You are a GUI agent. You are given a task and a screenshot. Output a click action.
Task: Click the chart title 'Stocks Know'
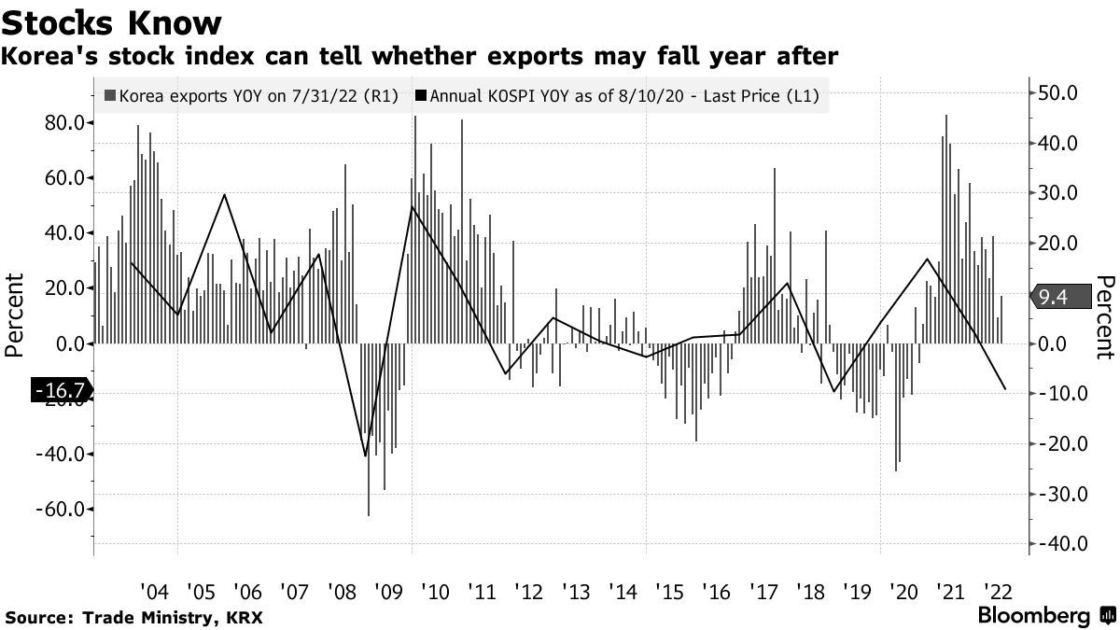coord(113,21)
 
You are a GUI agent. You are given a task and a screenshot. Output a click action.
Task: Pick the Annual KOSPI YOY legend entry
coord(622,95)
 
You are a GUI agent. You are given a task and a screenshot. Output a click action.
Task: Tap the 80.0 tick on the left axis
coord(64,122)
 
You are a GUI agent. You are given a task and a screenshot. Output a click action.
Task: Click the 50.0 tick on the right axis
coord(1058,92)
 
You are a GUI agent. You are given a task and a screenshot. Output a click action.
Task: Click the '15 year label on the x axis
coord(668,592)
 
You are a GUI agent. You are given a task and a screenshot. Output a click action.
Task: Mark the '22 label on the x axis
coord(998,592)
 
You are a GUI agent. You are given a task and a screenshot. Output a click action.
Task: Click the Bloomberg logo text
coord(1033,616)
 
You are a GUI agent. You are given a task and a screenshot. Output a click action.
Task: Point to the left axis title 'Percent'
coord(14,315)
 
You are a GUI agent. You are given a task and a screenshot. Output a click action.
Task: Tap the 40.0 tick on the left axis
coord(64,232)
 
